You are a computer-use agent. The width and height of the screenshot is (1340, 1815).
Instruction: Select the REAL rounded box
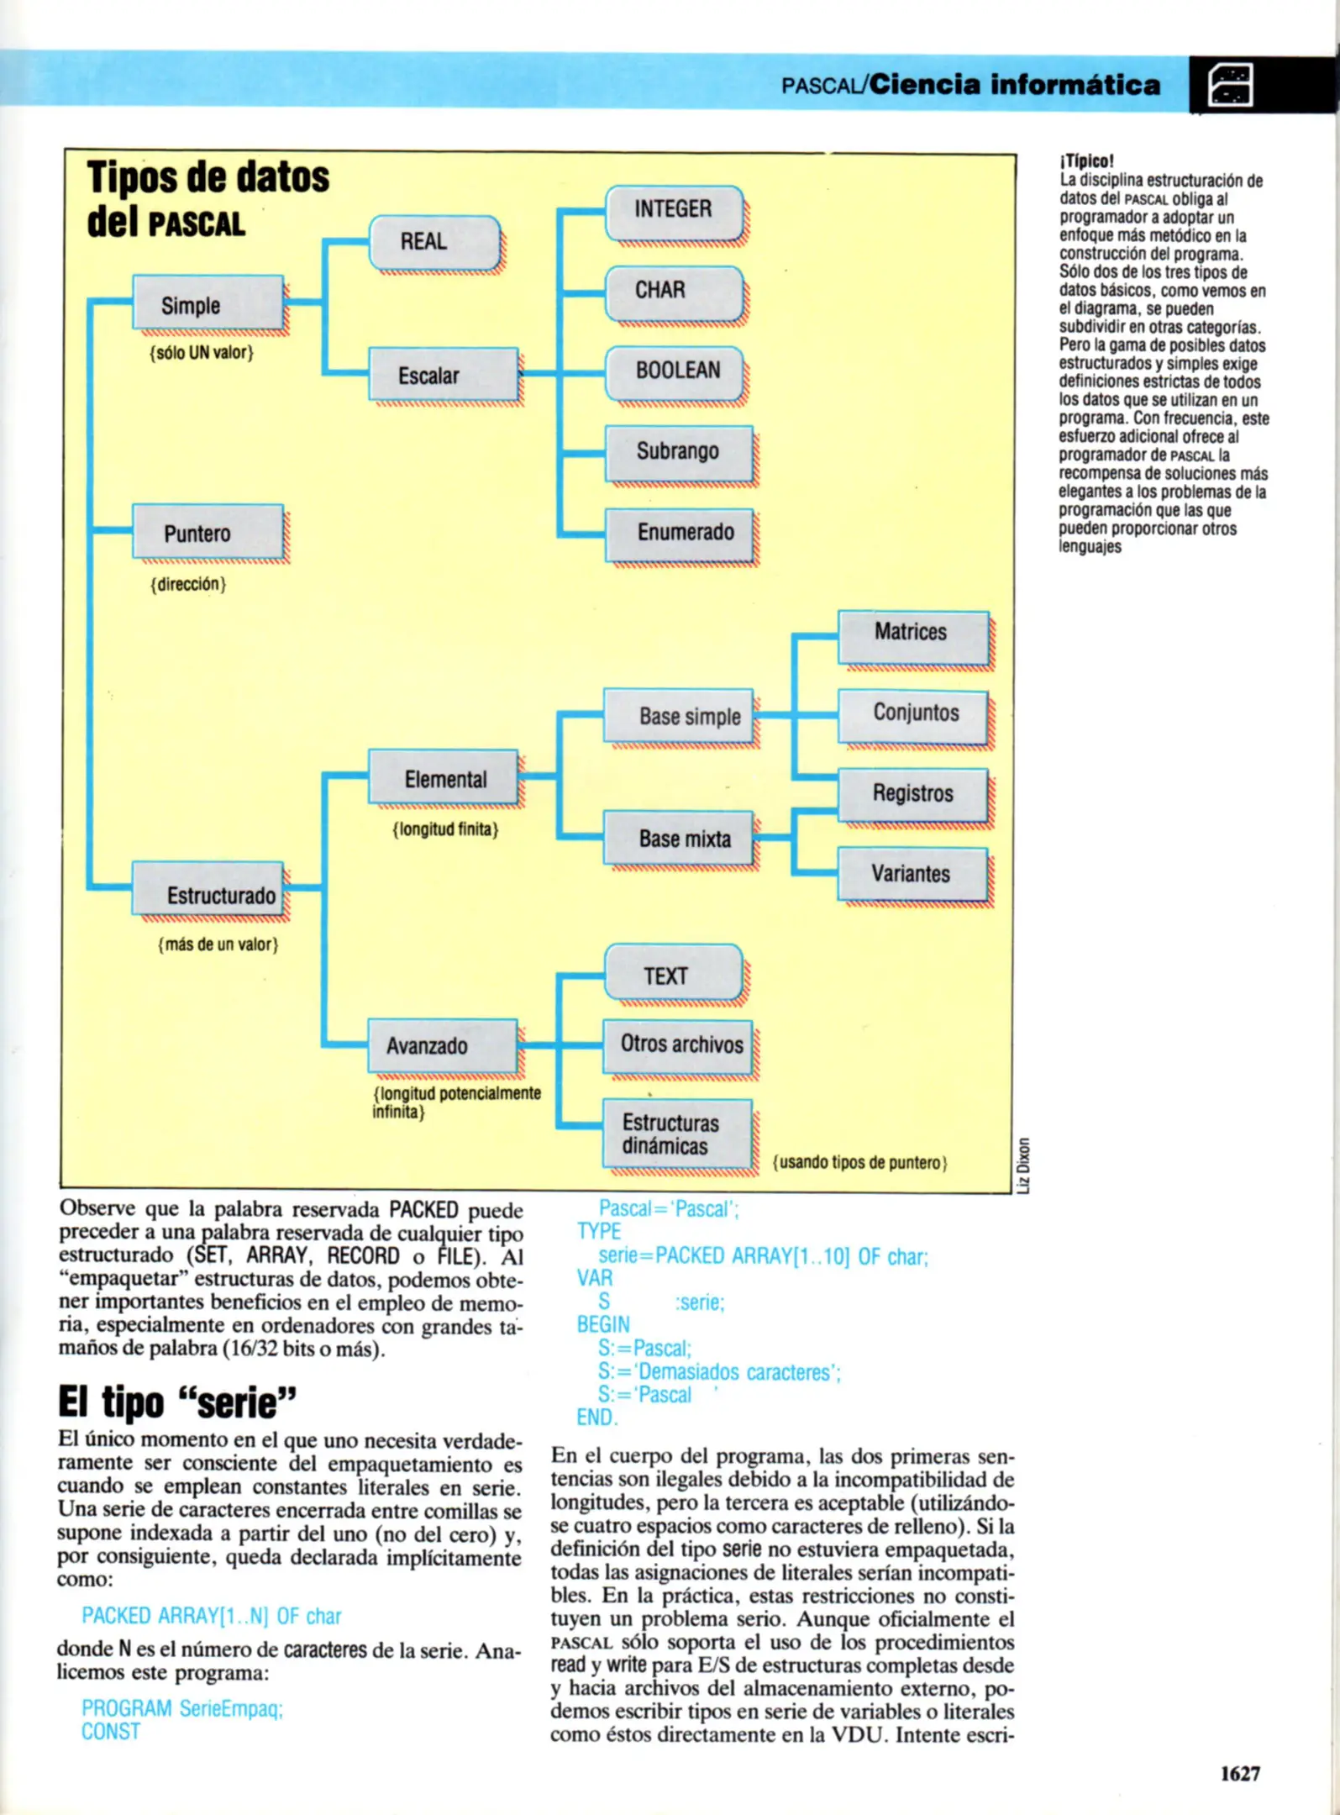tap(434, 242)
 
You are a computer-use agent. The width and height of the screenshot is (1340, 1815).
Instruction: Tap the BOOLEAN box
tap(674, 371)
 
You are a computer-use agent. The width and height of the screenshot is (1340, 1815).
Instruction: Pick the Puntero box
tap(208, 533)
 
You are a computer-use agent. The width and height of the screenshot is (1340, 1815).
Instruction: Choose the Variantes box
tap(912, 874)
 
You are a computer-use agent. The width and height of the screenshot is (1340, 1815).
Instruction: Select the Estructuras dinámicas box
tap(676, 1134)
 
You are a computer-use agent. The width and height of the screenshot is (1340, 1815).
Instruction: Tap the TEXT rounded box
tap(673, 975)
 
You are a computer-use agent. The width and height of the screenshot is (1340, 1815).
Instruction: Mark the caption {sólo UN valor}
tap(202, 353)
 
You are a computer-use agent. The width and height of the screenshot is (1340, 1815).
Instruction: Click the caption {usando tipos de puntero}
tap(859, 1163)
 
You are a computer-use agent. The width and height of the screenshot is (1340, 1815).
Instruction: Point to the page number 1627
tap(1240, 1774)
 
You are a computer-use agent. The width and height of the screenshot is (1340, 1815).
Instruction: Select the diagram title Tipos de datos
tap(208, 177)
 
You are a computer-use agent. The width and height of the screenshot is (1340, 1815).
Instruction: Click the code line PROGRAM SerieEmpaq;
tap(182, 1709)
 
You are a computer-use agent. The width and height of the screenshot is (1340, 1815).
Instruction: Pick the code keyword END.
tap(596, 1418)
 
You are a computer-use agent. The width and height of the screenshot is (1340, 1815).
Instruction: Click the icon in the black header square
tap(1229, 84)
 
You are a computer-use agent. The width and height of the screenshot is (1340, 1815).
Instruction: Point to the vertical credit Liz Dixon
tap(1022, 1165)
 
